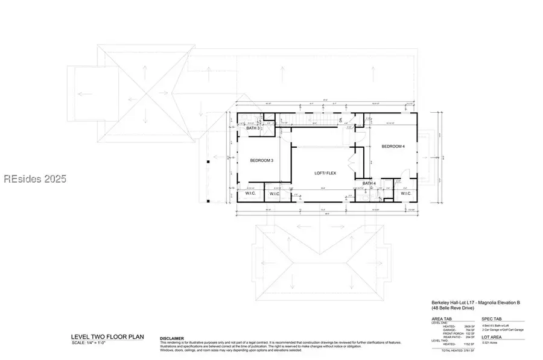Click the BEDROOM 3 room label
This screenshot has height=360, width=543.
[262, 160]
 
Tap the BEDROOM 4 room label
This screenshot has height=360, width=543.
[393, 147]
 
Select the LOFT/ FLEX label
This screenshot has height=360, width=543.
[325, 172]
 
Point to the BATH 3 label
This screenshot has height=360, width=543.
[253, 128]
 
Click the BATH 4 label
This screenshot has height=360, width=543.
[369, 183]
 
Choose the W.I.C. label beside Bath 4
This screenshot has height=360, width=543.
[405, 194]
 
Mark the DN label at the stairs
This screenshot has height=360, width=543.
[341, 121]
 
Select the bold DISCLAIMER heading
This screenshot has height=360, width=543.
[172, 338]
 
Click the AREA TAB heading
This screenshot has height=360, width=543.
[442, 318]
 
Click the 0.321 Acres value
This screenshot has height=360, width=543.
[489, 343]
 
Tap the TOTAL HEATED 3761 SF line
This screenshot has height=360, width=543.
[458, 350]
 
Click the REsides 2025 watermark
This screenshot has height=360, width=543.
[34, 179]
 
